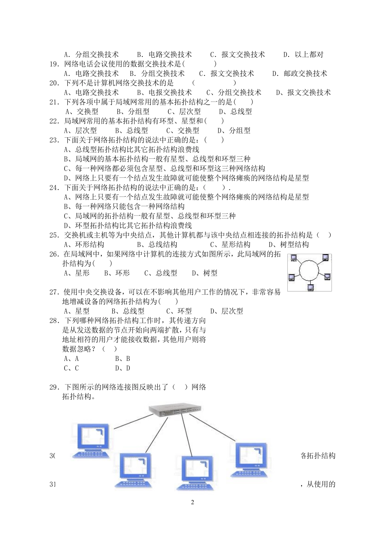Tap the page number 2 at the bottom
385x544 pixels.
192,502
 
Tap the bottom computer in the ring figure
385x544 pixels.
310,287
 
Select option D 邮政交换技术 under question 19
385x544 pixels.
299,73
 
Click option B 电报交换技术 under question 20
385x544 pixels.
165,93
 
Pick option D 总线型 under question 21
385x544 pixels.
235,111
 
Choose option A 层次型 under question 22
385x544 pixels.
80,130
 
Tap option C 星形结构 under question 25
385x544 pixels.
230,244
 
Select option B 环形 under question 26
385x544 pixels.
117,273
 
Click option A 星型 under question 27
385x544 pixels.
77,311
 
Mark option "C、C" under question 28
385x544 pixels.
71,368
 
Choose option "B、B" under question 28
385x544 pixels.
122,358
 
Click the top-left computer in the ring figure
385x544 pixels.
294,259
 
